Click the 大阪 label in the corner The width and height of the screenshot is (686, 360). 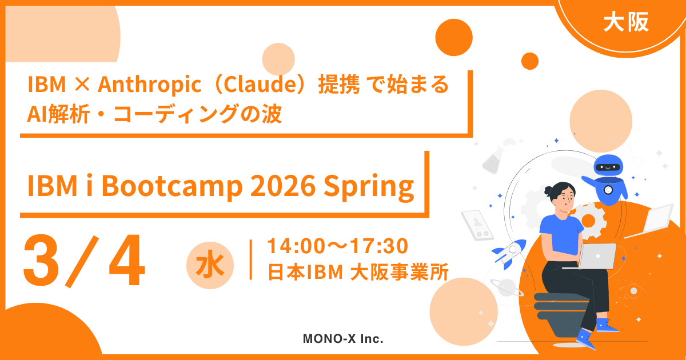626,22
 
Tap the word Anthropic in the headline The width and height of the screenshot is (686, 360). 149,85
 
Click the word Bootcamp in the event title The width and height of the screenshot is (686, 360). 172,186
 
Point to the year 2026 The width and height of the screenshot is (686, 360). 283,186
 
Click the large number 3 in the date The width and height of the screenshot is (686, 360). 41,261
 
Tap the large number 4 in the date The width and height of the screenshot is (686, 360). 127,260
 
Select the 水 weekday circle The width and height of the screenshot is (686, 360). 210,265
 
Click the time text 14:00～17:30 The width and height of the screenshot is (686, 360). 337,246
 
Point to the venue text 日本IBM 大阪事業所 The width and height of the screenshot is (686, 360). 358,272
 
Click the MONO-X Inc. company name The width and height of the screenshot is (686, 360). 343,338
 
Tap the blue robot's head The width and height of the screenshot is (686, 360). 607,165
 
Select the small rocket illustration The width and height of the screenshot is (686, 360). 509,254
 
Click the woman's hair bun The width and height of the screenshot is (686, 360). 548,191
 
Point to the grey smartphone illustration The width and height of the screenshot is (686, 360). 477,225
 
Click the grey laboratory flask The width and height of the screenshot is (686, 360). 493,160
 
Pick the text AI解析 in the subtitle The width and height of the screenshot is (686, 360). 58,114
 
